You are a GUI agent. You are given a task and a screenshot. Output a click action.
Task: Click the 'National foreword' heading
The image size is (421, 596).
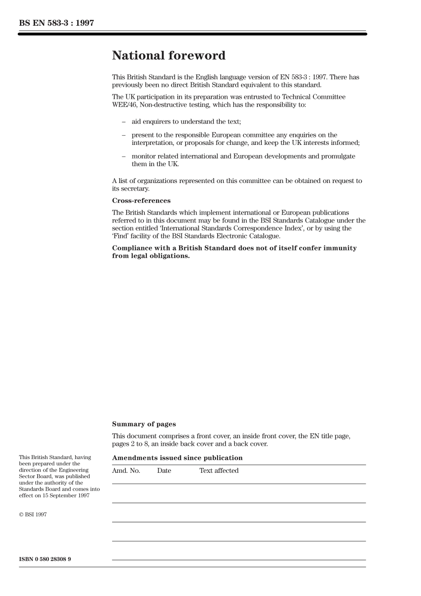click(x=168, y=56)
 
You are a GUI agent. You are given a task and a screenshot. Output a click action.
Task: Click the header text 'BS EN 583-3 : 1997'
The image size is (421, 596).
click(x=56, y=23)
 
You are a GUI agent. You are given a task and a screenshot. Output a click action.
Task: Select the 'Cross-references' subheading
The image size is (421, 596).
click(x=141, y=201)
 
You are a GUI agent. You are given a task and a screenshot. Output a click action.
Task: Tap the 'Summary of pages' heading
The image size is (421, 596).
click(x=144, y=424)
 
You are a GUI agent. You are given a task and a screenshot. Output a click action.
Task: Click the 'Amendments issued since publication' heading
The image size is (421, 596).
click(x=177, y=458)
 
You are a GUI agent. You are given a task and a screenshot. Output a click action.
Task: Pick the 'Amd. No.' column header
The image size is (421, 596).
click(x=126, y=471)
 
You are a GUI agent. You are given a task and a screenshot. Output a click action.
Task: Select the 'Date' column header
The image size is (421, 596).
click(x=164, y=471)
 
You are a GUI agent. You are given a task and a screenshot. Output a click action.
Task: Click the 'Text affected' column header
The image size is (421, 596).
click(x=218, y=471)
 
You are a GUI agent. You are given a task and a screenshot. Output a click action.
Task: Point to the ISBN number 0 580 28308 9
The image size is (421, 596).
click(x=45, y=559)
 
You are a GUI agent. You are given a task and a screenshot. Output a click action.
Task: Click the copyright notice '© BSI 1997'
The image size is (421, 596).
click(x=33, y=514)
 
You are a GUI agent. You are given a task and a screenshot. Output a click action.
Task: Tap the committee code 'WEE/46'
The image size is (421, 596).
click(x=122, y=105)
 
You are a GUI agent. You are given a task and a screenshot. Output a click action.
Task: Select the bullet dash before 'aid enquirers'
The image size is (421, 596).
click(x=124, y=122)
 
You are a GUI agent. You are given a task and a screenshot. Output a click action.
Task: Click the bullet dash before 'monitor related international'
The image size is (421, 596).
click(x=124, y=156)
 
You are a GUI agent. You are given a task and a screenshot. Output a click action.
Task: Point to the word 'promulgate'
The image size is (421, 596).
click(x=339, y=156)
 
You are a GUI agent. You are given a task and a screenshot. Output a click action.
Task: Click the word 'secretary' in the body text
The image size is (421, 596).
click(x=134, y=189)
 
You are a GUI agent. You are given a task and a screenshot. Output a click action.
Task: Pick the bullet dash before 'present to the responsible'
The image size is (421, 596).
click(x=124, y=135)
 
